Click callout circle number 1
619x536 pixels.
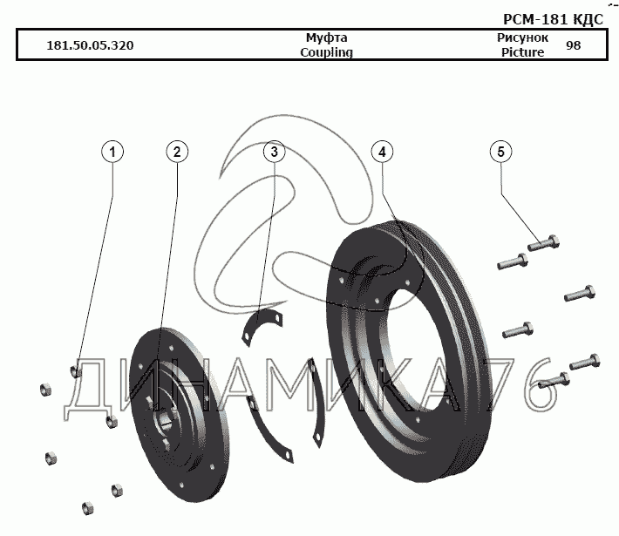[112, 152]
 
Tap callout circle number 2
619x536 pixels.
[177, 152]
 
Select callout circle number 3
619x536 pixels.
[274, 152]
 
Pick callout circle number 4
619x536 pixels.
[381, 152]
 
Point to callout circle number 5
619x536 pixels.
[500, 152]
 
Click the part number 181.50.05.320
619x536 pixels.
[90, 45]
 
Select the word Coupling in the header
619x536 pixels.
[326, 52]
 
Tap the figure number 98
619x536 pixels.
[573, 45]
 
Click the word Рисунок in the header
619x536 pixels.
[522, 38]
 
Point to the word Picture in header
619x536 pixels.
[522, 52]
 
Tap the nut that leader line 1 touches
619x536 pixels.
[77, 373]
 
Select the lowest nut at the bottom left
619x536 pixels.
[86, 507]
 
